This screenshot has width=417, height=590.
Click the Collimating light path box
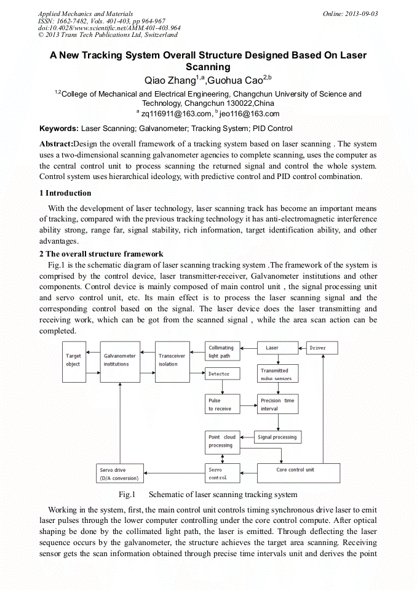222,351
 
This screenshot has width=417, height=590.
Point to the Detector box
222,373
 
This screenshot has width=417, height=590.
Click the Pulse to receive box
222,404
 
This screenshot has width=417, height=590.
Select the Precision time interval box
277,404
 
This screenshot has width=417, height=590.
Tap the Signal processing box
277,437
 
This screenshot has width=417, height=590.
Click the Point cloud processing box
222,441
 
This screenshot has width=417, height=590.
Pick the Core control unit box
298,472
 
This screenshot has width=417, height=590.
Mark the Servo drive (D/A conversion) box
120,474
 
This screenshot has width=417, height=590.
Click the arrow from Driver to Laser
301,348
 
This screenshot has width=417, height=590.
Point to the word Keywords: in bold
59,129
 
